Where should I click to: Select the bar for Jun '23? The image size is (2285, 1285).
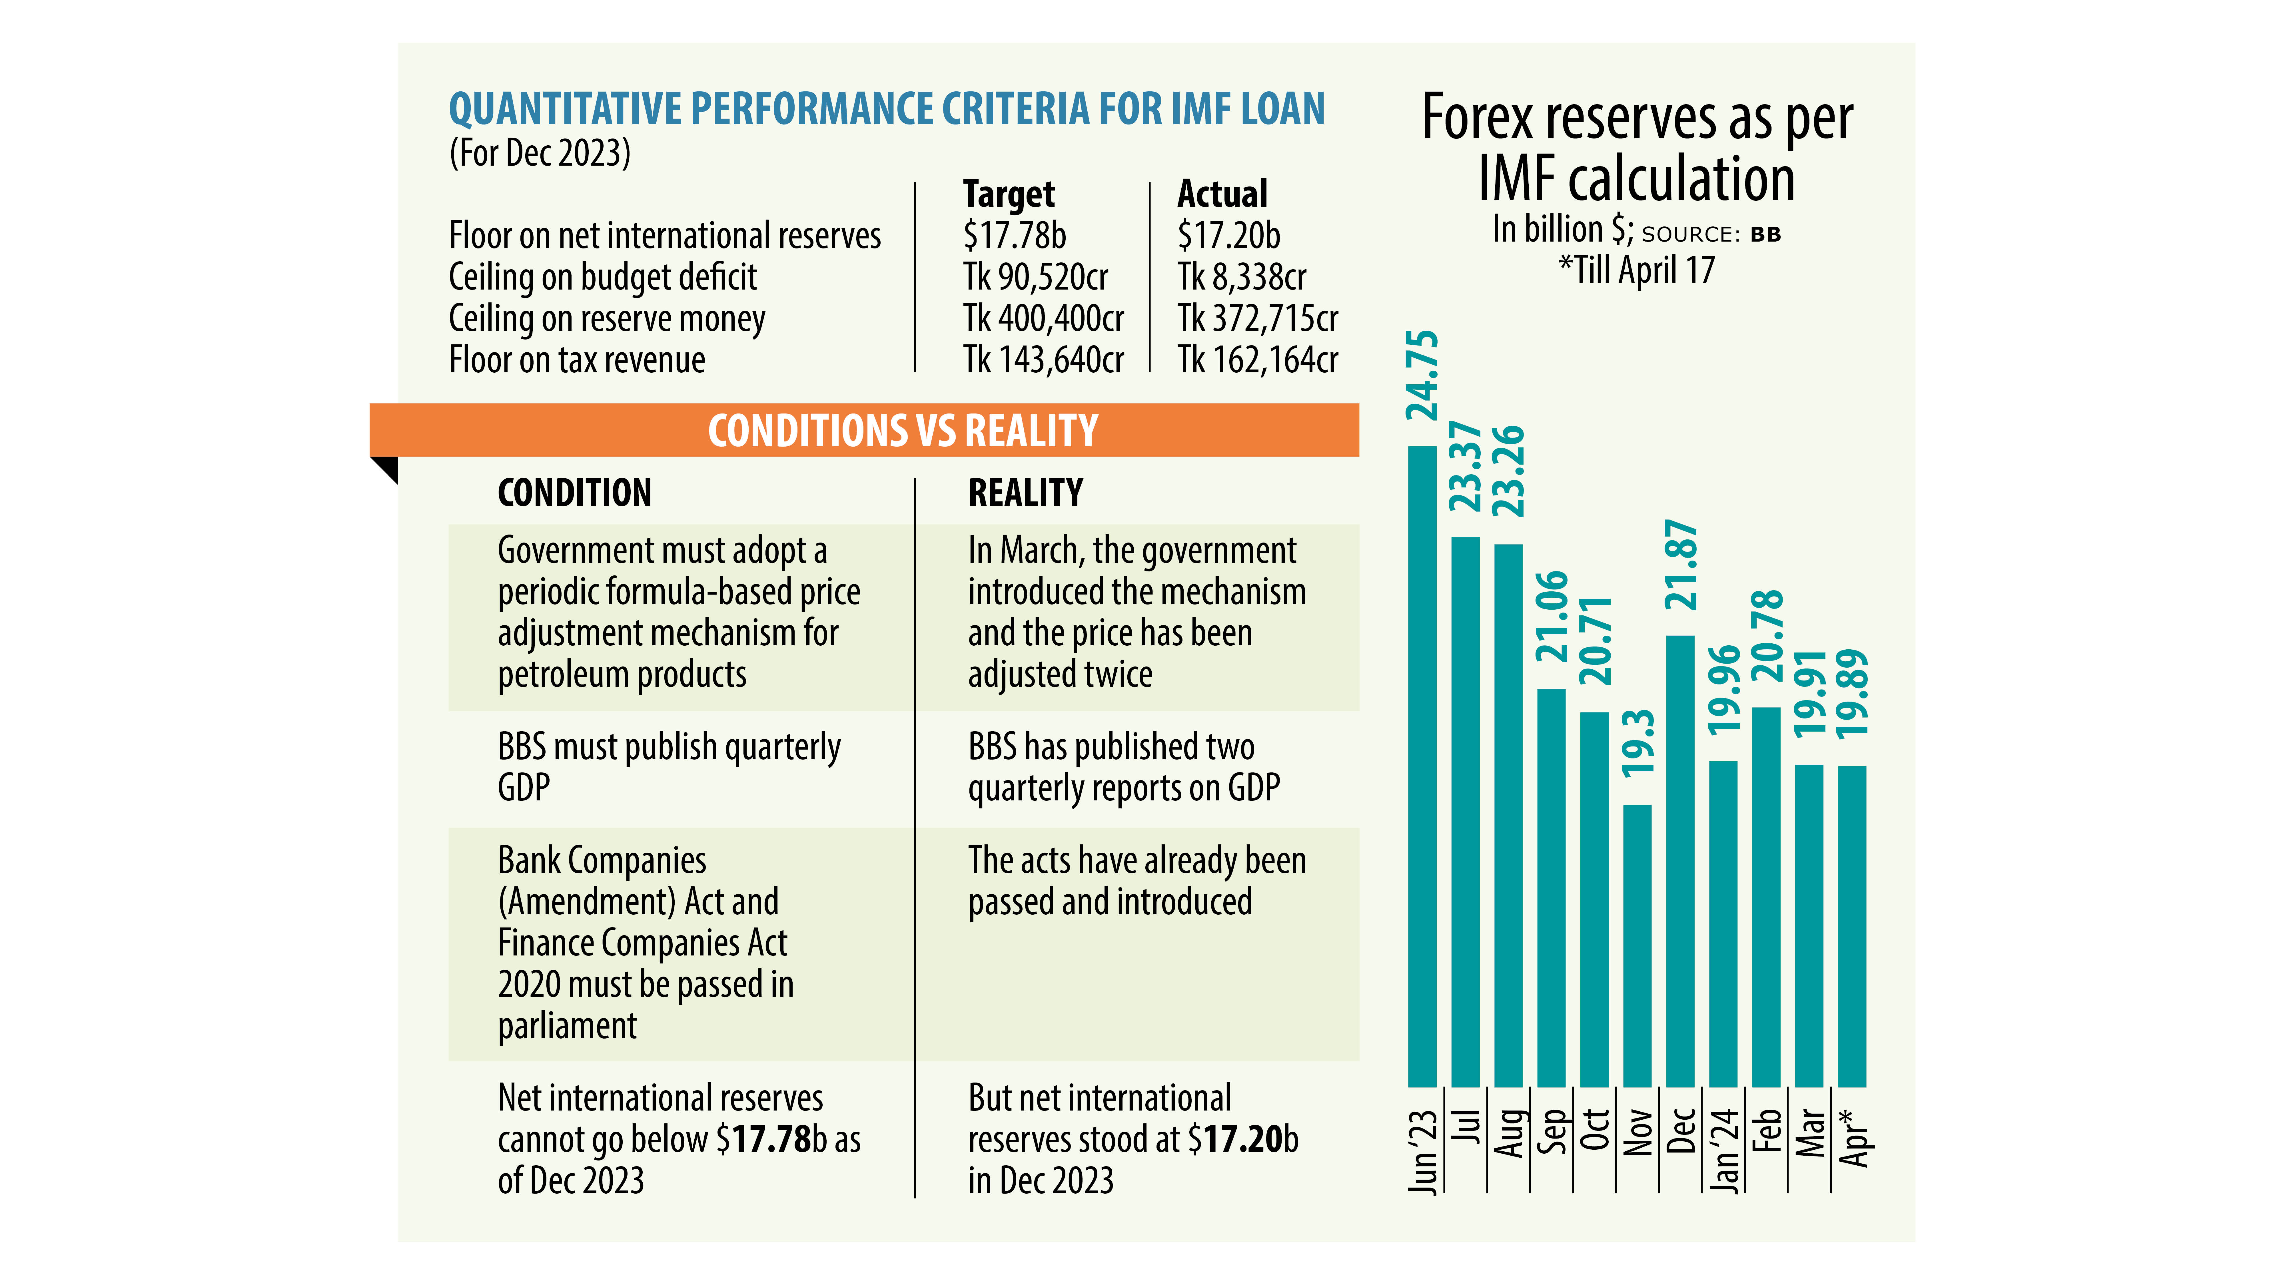[x=1422, y=767]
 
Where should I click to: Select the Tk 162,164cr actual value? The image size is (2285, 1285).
[x=1257, y=360]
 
